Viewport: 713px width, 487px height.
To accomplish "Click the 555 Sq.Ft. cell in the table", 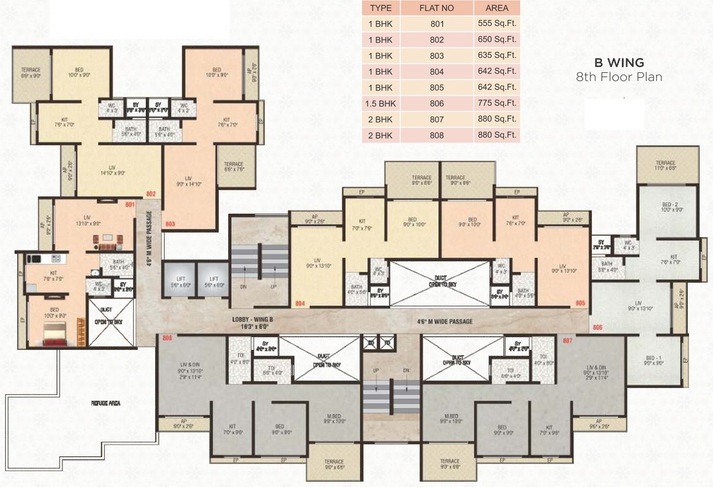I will (496, 23).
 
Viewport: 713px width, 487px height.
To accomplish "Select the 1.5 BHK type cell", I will (380, 103).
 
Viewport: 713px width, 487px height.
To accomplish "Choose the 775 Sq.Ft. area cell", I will (496, 103).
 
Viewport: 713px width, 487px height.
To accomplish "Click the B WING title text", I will (619, 63).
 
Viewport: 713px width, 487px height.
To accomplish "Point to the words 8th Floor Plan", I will (619, 77).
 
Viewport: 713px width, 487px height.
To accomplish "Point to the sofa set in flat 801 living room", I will (106, 241).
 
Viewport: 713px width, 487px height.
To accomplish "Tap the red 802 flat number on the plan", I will (150, 193).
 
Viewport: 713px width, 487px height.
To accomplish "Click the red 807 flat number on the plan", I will (567, 342).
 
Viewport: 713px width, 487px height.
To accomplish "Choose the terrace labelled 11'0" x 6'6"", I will (665, 166).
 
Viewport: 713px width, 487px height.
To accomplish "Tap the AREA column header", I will (496, 8).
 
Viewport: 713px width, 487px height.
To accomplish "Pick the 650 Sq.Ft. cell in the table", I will (496, 39).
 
